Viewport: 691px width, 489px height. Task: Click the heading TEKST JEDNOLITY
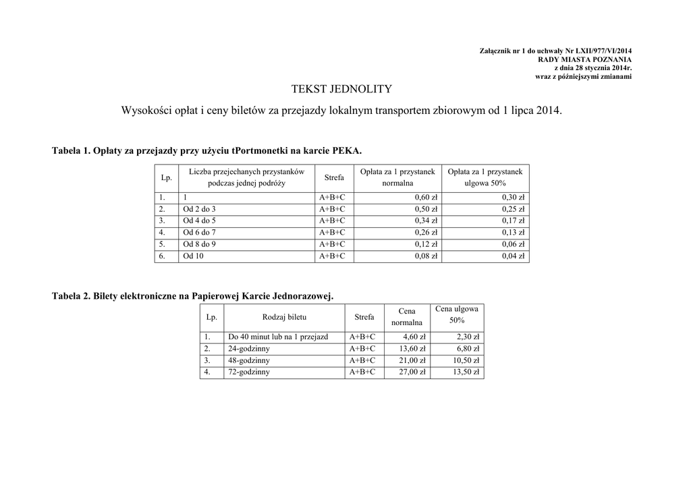(x=341, y=89)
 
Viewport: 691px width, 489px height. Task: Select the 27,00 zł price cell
(x=413, y=372)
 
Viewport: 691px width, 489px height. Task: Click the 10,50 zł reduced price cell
(x=466, y=360)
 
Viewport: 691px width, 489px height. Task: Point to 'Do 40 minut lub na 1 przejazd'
(x=278, y=337)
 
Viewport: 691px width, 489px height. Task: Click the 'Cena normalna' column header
(x=406, y=317)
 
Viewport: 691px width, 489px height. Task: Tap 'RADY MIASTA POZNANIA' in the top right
(x=584, y=59)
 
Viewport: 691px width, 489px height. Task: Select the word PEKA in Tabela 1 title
(x=347, y=149)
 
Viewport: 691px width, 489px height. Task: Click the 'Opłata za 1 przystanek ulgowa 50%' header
(x=485, y=177)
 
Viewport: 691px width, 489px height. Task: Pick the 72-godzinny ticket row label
(x=248, y=372)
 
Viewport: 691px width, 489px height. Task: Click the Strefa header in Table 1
(x=333, y=177)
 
